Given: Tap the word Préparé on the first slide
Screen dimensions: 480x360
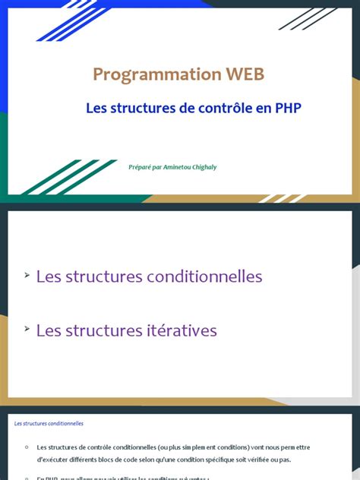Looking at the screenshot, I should pos(141,168).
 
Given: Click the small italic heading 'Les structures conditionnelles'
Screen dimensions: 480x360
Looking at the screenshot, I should pos(49,424).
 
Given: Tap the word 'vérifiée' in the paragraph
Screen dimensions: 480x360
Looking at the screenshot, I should pos(295,460).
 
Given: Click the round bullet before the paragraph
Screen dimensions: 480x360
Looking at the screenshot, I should pos(26,447).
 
